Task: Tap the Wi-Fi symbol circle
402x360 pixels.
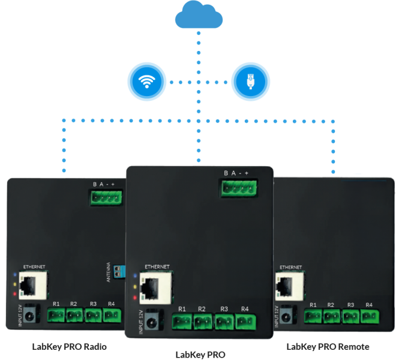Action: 146,81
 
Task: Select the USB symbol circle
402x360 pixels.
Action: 251,81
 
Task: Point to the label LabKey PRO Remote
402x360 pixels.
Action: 328,346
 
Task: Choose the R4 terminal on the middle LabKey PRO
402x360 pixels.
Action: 245,322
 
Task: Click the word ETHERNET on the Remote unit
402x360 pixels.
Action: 290,267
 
